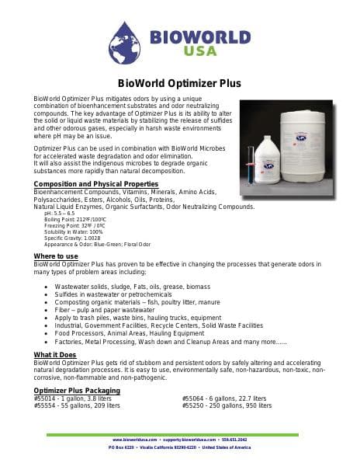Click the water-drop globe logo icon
pos(128,40)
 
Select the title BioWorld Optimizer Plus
pos(179,83)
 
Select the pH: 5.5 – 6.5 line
pos(60,213)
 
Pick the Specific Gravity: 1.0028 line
pos(71,238)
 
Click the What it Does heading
pos(54,354)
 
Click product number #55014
pos(44,398)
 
